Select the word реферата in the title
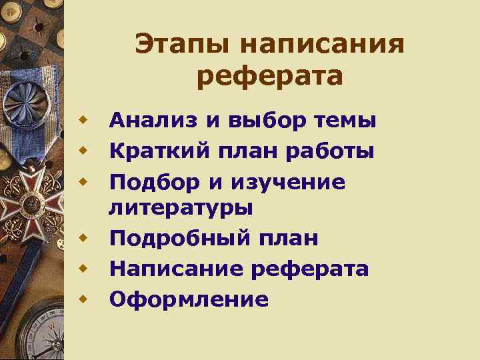pos(270,77)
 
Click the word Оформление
pos(189,299)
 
